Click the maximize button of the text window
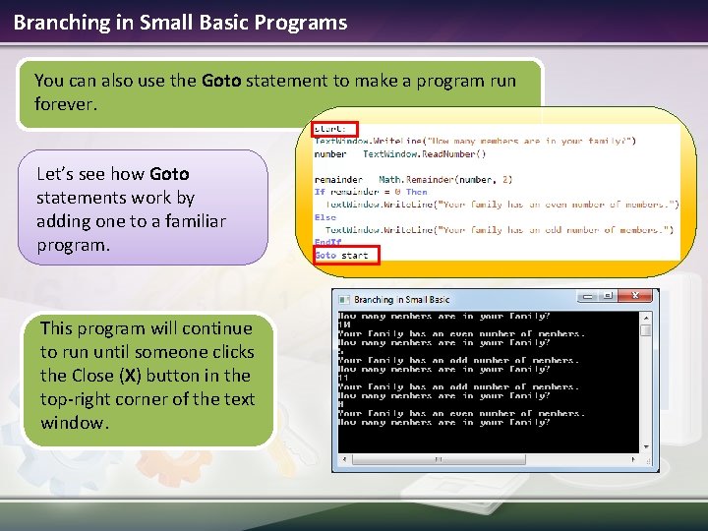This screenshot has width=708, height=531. [x=609, y=296]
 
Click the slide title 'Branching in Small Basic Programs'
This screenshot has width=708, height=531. [x=180, y=22]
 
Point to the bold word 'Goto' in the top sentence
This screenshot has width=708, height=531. [x=221, y=81]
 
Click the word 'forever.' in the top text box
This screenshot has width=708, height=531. [x=66, y=103]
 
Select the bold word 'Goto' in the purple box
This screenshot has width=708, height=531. [x=169, y=174]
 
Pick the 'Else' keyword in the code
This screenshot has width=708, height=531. [x=325, y=217]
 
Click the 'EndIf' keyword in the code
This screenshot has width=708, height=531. [x=328, y=242]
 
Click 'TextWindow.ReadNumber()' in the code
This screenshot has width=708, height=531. [x=424, y=154]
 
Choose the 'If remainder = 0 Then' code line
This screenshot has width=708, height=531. [x=371, y=192]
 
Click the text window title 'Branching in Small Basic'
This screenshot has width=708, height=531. [x=401, y=299]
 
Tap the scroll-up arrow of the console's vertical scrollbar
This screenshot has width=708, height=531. [x=646, y=317]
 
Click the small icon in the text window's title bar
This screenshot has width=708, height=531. [x=344, y=299]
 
